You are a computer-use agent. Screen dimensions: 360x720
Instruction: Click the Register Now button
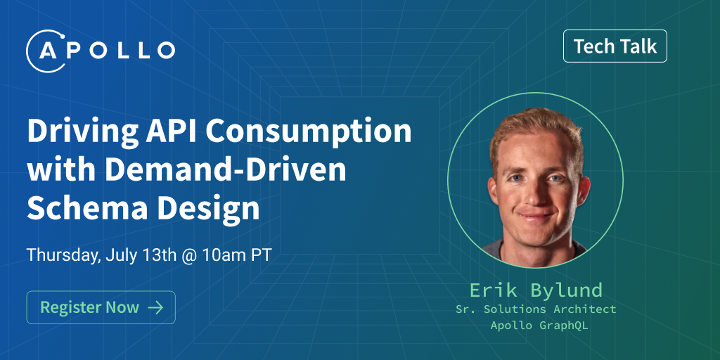pos(101,307)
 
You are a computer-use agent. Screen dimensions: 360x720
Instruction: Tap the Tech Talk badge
pos(615,47)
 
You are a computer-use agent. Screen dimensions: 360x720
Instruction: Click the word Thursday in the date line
pos(62,255)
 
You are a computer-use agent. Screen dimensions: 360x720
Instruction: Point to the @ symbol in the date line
pos(188,255)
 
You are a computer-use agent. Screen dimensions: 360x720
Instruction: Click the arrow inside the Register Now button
pos(155,307)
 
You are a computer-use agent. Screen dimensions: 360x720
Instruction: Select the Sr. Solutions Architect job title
pos(535,309)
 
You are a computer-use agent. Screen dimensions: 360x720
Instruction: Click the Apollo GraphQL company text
pos(535,325)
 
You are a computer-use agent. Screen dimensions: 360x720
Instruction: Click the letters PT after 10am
pos(261,255)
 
